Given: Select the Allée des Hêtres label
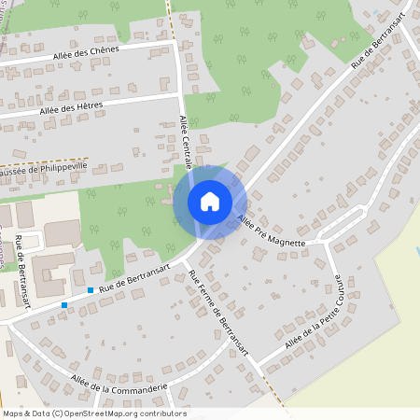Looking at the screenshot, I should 73,109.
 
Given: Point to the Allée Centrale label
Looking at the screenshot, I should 184,137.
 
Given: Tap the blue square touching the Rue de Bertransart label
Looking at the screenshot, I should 91,290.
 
